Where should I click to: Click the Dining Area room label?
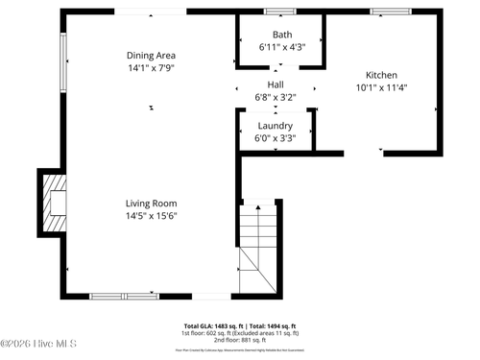[151, 56]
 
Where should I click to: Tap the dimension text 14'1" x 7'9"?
[151, 68]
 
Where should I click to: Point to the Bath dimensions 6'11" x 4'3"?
[282, 46]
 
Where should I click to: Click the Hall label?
[276, 84]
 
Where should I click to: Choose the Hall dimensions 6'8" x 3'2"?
[276, 97]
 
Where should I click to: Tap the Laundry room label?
[276, 126]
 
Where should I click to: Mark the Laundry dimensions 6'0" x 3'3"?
[276, 138]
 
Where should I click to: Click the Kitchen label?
[381, 75]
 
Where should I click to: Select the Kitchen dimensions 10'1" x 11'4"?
[381, 87]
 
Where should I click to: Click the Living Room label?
[151, 204]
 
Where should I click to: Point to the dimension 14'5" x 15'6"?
[151, 216]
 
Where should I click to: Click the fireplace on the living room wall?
[54, 203]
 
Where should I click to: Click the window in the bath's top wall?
[279, 12]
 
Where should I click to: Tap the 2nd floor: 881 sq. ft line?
[240, 340]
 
